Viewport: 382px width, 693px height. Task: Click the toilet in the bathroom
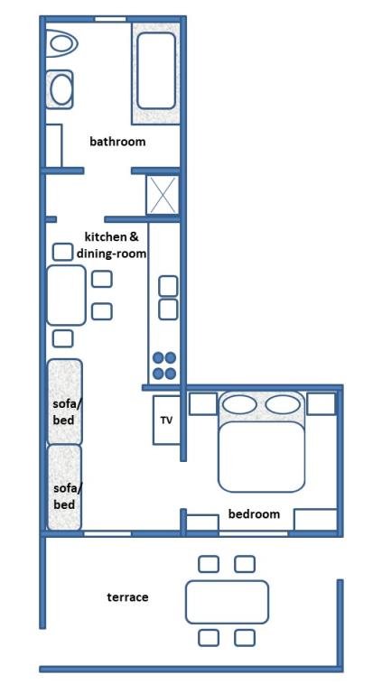click(x=61, y=43)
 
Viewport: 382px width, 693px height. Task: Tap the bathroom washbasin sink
click(x=60, y=89)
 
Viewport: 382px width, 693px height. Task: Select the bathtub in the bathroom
click(x=156, y=70)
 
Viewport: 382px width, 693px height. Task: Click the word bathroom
click(x=117, y=142)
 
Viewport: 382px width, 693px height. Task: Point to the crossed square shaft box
click(x=163, y=195)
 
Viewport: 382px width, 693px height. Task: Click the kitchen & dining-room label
click(x=111, y=245)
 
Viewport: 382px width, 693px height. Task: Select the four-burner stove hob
click(x=164, y=365)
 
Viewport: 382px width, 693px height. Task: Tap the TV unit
click(x=167, y=420)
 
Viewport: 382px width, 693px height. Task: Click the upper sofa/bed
click(x=64, y=402)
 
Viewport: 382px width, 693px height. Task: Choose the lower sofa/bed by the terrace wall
click(x=64, y=487)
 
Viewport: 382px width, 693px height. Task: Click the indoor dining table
click(x=66, y=295)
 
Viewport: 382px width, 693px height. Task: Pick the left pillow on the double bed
click(x=239, y=404)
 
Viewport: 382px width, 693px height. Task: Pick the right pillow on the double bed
click(x=283, y=404)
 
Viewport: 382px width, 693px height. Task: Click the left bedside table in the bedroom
click(x=203, y=403)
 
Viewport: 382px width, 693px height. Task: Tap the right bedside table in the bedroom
click(x=321, y=403)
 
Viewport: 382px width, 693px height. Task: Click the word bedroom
click(x=254, y=514)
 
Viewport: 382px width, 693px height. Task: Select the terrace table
click(x=227, y=602)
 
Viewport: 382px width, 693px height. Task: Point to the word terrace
click(x=127, y=597)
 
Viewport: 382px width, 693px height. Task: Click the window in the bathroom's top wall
click(x=110, y=19)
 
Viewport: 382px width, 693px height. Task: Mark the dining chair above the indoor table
click(x=62, y=252)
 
